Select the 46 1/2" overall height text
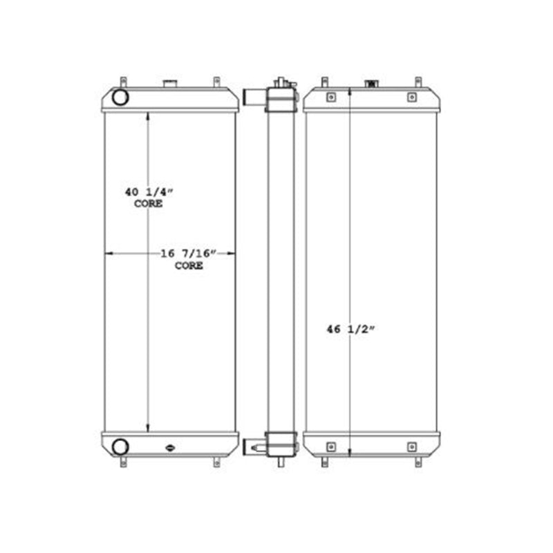[350, 330]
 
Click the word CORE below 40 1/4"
[148, 204]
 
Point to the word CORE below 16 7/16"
[189, 265]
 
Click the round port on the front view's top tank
[120, 97]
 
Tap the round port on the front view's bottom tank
[120, 446]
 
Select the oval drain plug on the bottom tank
[170, 448]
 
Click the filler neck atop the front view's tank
[170, 85]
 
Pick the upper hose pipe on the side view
[252, 98]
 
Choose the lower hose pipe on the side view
[252, 446]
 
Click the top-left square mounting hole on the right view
[331, 97]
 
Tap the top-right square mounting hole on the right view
[412, 97]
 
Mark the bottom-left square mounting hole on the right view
[331, 447]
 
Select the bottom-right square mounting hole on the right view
[412, 447]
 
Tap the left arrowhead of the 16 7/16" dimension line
[108, 254]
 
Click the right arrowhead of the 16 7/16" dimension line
[232, 254]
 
